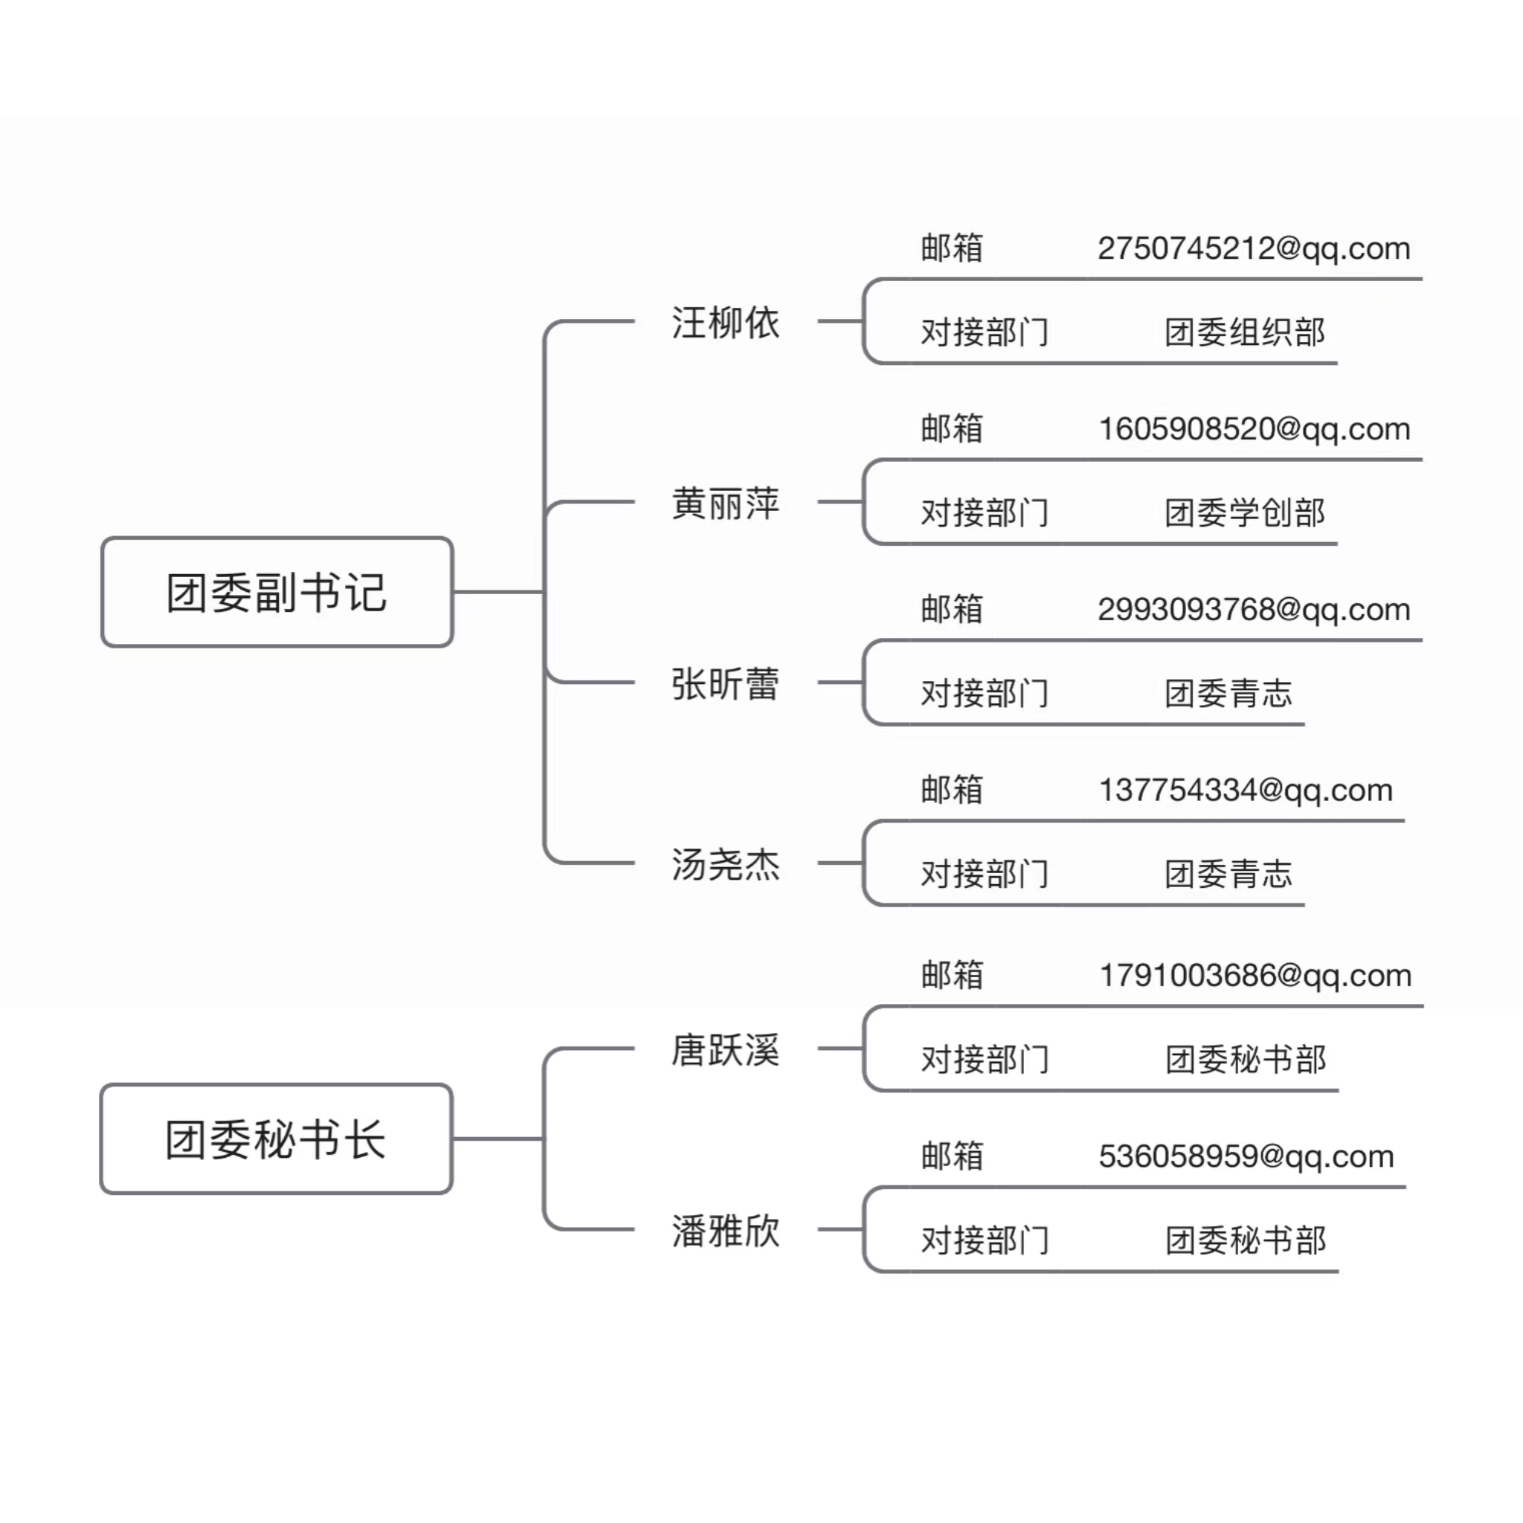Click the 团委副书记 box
coord(277,592)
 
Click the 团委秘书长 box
coord(277,1139)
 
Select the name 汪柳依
coord(725,323)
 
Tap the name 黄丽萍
coord(725,503)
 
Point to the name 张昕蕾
coord(725,683)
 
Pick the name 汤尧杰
coord(725,864)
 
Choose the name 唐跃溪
coord(725,1050)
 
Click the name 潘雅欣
coord(725,1231)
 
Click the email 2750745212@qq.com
coord(1253,249)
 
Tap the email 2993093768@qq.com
coord(1253,610)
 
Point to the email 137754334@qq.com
coord(1246,791)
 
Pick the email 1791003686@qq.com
coord(1255,976)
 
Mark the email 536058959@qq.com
coord(1246,1157)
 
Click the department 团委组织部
coord(1245,332)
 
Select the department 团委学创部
coord(1245,512)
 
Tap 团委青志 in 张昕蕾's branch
coord(1229,693)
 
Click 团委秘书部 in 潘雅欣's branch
coord(1246,1240)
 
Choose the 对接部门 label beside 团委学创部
coord(985,512)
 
